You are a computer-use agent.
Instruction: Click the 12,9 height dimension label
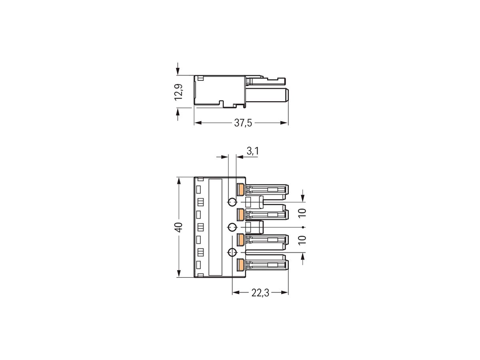pyautogui.click(x=180, y=92)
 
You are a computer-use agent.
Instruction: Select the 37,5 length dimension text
pyautogui.click(x=243, y=123)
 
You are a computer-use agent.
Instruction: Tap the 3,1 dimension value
pyautogui.click(x=252, y=151)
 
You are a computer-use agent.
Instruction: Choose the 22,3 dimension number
pyautogui.click(x=260, y=293)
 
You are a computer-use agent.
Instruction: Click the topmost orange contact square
pyautogui.click(x=240, y=189)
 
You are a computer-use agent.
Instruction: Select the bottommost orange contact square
pyautogui.click(x=240, y=265)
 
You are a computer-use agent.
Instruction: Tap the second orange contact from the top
pyautogui.click(x=240, y=214)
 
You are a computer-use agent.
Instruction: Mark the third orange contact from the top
pyautogui.click(x=240, y=239)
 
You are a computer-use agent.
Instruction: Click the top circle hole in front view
pyautogui.click(x=232, y=202)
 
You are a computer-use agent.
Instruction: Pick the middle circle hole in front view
pyautogui.click(x=232, y=228)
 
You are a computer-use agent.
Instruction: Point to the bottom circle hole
pyautogui.click(x=232, y=252)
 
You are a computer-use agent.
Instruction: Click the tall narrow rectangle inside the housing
pyautogui.click(x=216, y=227)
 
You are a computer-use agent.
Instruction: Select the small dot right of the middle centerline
pyautogui.click(x=304, y=228)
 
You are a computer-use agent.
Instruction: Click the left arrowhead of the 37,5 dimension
pyautogui.click(x=197, y=123)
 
